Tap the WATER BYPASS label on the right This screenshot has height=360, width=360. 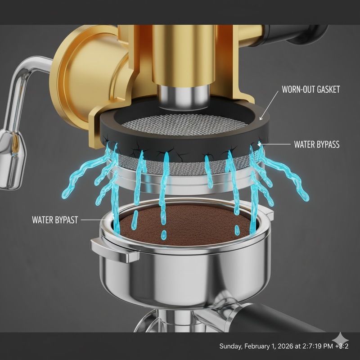pyautogui.click(x=317, y=145)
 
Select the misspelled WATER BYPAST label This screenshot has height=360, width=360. pyautogui.click(x=55, y=220)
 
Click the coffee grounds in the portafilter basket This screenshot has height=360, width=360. pyautogui.click(x=189, y=227)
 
